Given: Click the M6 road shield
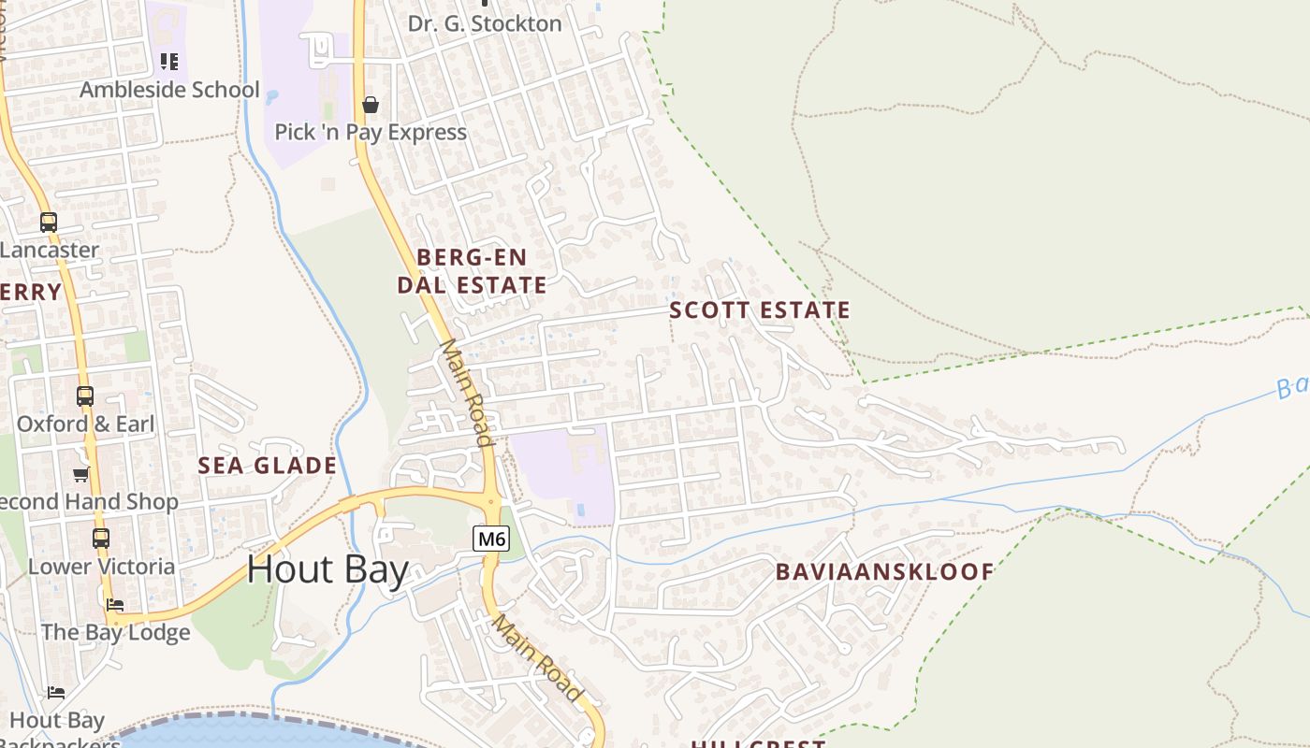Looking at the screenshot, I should [x=491, y=539].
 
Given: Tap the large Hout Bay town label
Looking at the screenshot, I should [x=327, y=569].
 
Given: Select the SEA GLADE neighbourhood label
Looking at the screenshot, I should [x=267, y=465].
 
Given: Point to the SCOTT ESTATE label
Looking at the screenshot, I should [x=760, y=310].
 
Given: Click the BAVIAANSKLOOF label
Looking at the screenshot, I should [x=884, y=571].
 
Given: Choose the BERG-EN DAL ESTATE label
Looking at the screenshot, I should [x=472, y=271].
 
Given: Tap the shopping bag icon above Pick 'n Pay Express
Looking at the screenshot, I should [x=371, y=105].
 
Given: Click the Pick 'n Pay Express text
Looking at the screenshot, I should [x=371, y=132].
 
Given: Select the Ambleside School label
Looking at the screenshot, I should [x=169, y=90].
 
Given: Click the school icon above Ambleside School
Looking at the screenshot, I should [x=168, y=62].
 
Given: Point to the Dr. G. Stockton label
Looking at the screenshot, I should [x=485, y=23].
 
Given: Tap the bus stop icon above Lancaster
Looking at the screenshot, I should [x=48, y=223].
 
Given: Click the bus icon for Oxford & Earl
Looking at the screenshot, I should [x=85, y=396].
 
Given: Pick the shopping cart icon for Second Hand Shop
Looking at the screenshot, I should [x=81, y=474].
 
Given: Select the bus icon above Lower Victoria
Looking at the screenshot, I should [x=100, y=539].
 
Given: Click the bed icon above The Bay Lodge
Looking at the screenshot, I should [x=115, y=605].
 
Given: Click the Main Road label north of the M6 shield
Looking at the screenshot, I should [x=465, y=392].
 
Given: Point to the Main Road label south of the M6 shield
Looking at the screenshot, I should [x=538, y=657].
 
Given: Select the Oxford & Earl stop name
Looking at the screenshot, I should [x=85, y=424].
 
